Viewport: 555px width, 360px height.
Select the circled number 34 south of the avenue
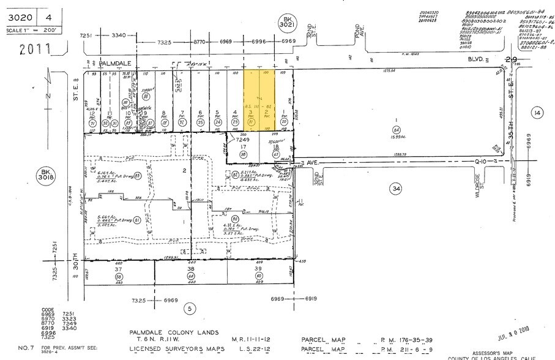tap(396, 190)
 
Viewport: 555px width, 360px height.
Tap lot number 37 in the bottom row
tap(117, 269)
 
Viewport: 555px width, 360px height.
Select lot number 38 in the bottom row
tap(191, 269)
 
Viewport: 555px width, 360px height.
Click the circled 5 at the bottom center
tap(190, 309)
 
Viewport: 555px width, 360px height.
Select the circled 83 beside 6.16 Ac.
tap(138, 176)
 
